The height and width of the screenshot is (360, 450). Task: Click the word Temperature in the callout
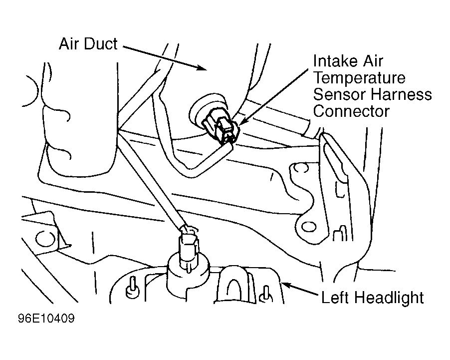click(359, 77)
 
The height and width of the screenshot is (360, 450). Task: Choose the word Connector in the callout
click(351, 111)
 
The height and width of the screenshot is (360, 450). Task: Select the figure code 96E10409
click(46, 319)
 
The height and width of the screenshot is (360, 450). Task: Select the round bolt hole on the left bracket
click(45, 239)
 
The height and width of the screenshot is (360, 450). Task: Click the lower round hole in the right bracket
click(308, 227)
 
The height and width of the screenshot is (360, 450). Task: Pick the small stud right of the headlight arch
click(265, 294)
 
